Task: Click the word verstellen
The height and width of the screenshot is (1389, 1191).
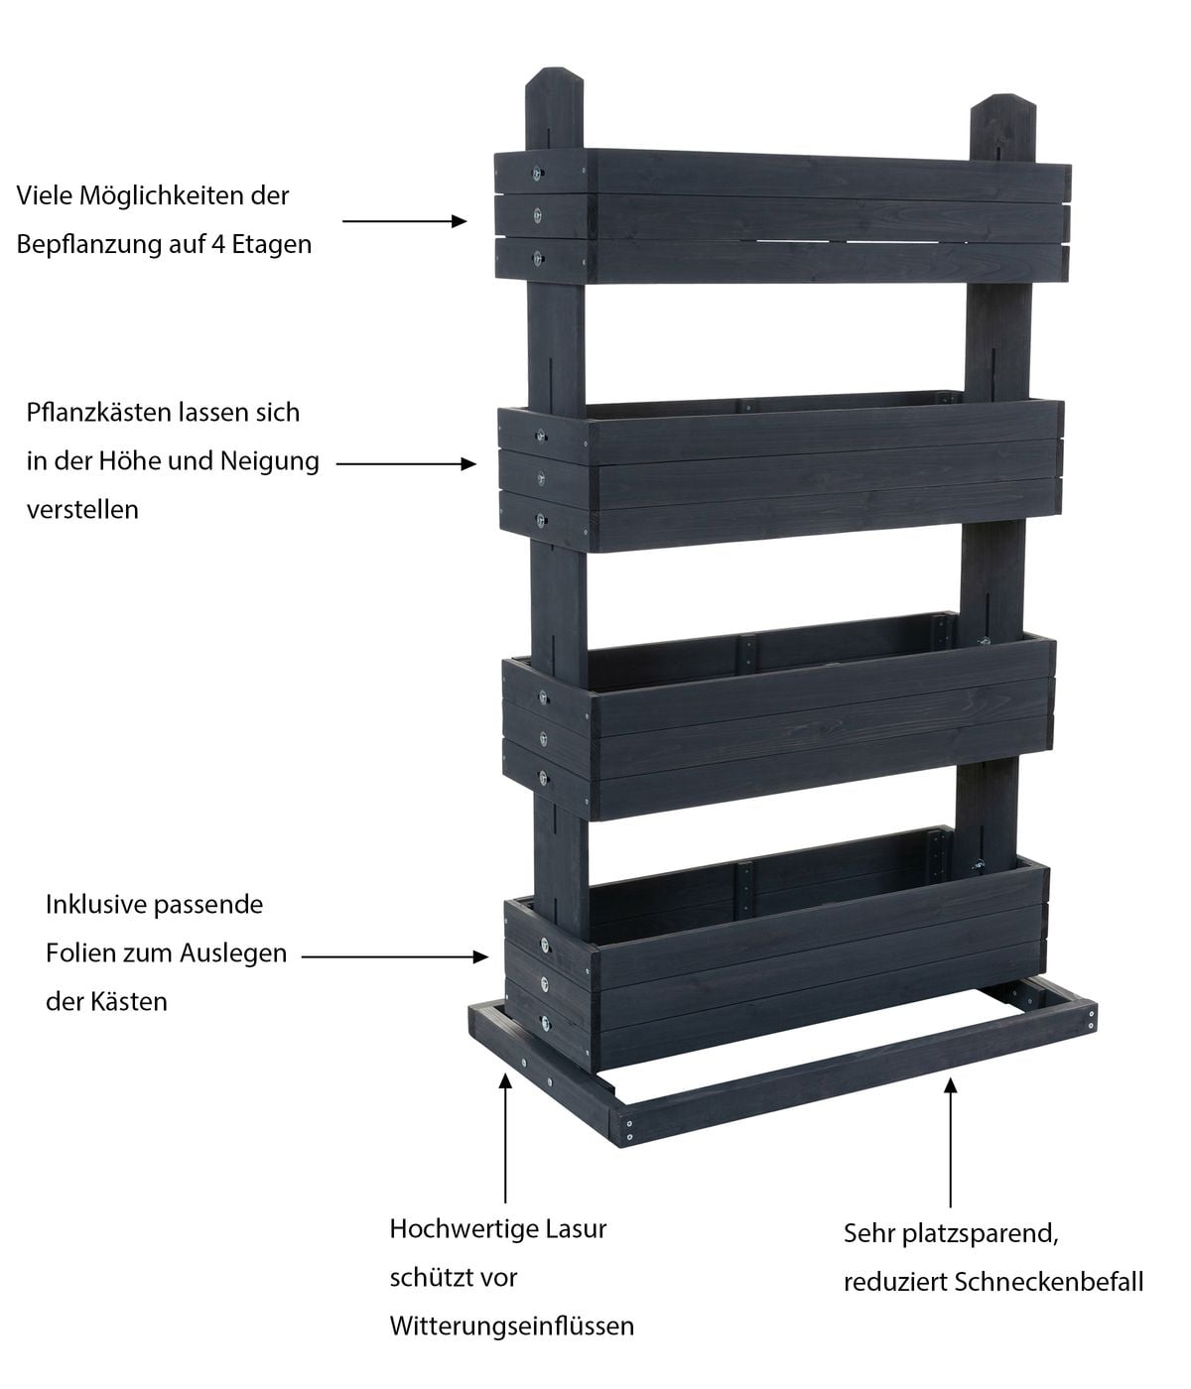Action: pyautogui.click(x=82, y=510)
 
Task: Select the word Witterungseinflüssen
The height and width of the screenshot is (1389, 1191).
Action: pyautogui.click(x=511, y=1326)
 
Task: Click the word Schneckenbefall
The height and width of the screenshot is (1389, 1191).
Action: pyautogui.click(x=1049, y=1282)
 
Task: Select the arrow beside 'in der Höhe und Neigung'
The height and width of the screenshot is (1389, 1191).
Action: pyautogui.click(x=407, y=463)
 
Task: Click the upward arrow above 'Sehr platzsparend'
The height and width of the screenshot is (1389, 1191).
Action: pyautogui.click(x=951, y=1141)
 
